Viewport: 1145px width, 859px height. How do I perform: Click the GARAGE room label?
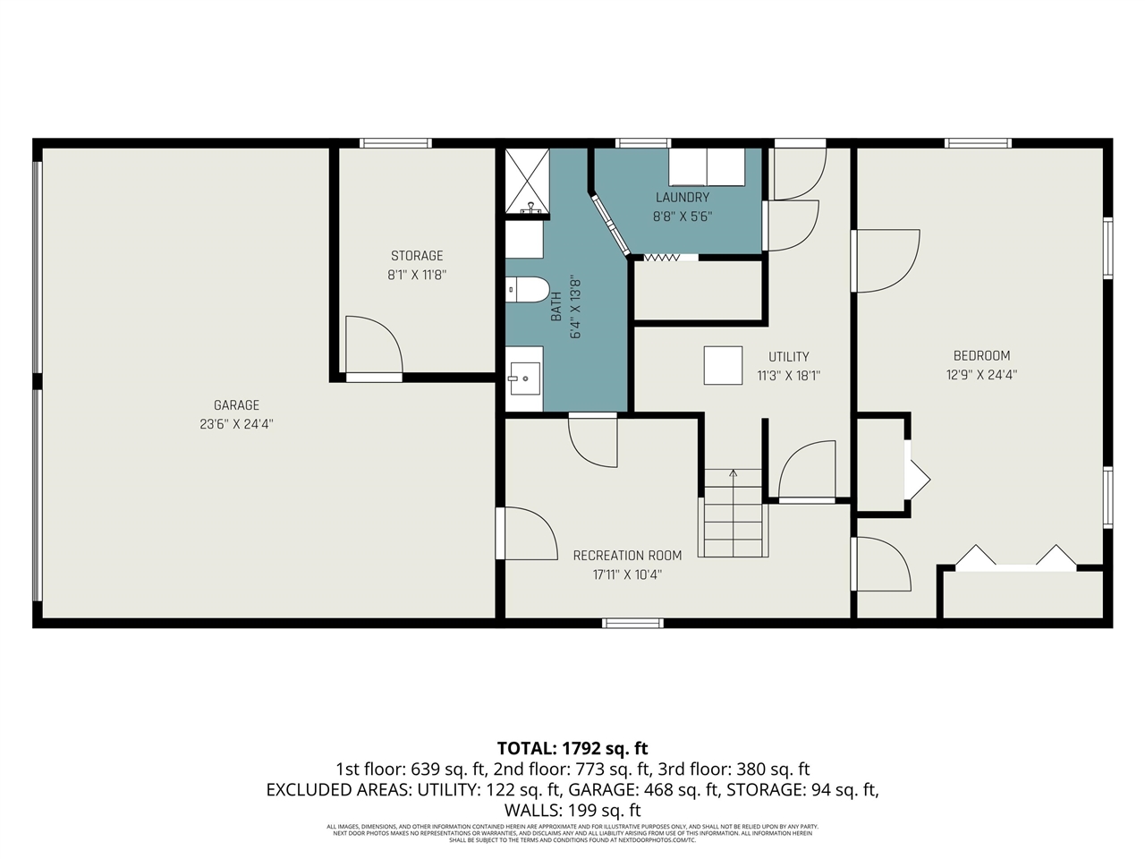point(236,405)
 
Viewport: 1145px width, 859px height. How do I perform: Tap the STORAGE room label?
point(417,256)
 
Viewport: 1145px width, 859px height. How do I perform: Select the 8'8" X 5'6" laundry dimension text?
point(683,217)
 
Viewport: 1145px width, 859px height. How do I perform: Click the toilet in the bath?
point(527,289)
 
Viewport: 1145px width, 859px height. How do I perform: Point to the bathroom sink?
point(525,378)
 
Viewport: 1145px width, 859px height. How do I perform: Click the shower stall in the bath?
point(526,182)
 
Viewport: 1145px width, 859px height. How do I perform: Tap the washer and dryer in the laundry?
point(707,166)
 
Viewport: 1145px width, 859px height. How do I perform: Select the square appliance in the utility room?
point(723,365)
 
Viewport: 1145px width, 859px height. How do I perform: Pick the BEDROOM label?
point(981,355)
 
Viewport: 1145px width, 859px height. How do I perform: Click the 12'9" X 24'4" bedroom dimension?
point(981,376)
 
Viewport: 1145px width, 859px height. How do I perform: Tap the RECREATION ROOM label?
point(627,556)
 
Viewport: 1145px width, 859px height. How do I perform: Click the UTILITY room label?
point(788,356)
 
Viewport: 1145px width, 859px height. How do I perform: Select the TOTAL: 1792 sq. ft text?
point(572,748)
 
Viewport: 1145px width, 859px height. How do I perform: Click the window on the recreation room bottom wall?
point(632,623)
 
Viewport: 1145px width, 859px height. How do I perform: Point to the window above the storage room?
point(395,143)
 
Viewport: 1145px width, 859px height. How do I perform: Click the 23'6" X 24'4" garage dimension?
point(236,425)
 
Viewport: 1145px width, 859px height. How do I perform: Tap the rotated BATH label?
point(556,307)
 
